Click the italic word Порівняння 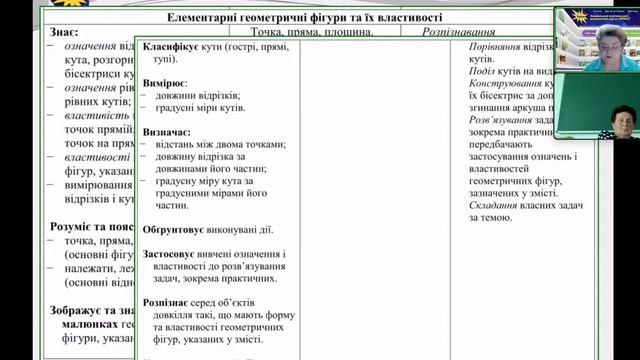click(496, 47)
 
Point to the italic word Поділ click(482, 71)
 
